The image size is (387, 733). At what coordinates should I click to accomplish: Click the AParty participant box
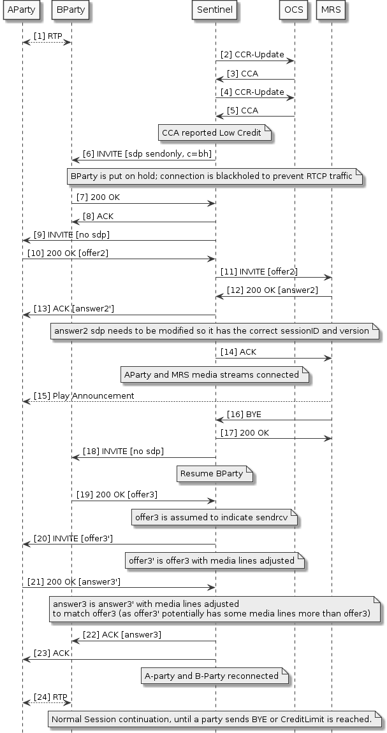click(22, 10)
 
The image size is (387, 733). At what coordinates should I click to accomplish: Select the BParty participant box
click(71, 10)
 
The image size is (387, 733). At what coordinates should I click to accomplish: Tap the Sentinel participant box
click(215, 10)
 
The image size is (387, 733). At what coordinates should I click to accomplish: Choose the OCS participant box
click(295, 10)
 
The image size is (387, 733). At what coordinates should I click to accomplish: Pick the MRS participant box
click(332, 10)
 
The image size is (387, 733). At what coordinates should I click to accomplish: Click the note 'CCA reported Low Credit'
click(215, 133)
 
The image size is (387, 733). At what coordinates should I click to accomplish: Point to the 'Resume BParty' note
click(215, 474)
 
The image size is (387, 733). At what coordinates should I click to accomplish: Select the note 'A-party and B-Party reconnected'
click(215, 676)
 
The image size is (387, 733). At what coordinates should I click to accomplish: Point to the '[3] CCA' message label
click(242, 73)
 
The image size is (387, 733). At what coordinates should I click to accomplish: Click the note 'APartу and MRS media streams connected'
click(215, 375)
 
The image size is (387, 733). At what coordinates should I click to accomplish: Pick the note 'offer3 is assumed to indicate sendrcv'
click(215, 518)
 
